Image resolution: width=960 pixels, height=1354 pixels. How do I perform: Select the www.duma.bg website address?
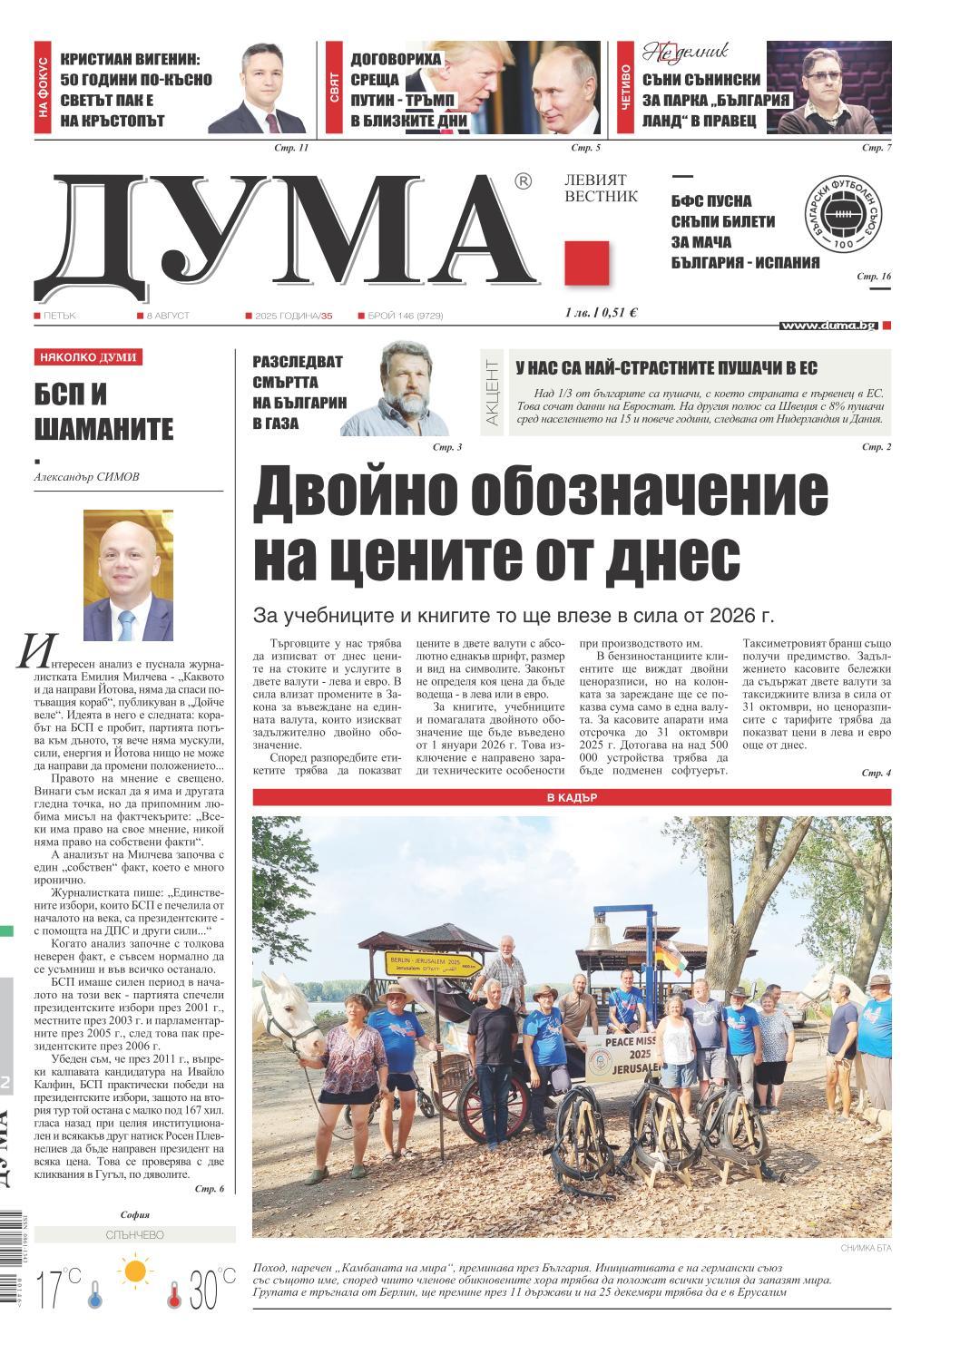pyautogui.click(x=828, y=326)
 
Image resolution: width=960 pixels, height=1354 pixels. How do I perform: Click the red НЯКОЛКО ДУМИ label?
pyautogui.click(x=88, y=357)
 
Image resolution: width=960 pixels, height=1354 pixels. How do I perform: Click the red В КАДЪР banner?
pyautogui.click(x=572, y=798)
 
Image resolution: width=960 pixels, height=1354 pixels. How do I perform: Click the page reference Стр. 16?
pyautogui.click(x=875, y=276)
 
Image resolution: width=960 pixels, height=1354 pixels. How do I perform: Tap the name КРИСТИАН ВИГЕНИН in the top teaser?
pyautogui.click(x=135, y=60)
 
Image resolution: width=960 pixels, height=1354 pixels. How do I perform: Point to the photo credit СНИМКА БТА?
pyautogui.click(x=866, y=1249)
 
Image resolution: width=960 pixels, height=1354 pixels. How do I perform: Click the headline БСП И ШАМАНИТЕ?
pyautogui.click(x=103, y=411)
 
